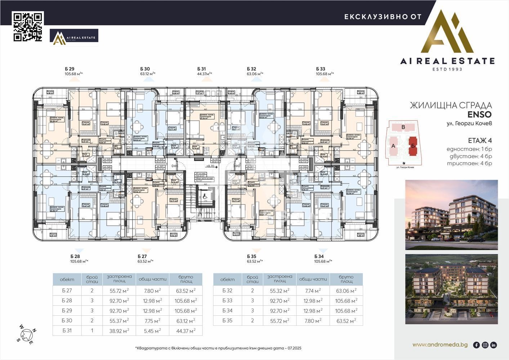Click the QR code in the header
point(28,27)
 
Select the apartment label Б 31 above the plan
point(202,69)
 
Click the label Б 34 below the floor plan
point(319,256)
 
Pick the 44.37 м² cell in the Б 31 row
point(186,330)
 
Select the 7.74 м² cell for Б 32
point(313,291)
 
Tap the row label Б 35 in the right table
point(227,320)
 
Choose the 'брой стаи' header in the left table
point(92,279)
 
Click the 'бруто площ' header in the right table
point(346,279)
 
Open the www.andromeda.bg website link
point(440,345)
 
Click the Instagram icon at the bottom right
point(485,345)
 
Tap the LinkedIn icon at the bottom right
point(494,345)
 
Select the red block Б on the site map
point(413,146)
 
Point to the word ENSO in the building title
point(479,114)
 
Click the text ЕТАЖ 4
point(480,140)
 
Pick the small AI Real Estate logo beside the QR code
point(74,37)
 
